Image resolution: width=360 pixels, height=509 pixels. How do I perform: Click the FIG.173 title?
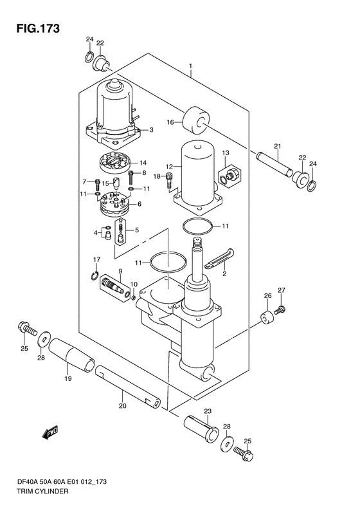click(x=38, y=28)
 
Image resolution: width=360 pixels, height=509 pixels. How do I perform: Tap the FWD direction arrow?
click(x=50, y=432)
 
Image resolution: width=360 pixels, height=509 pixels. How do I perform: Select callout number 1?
click(x=191, y=66)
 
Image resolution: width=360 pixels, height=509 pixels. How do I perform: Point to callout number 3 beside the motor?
click(x=151, y=130)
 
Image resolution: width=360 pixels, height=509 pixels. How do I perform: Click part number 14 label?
click(x=143, y=163)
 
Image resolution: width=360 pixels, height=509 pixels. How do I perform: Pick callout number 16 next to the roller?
click(x=170, y=122)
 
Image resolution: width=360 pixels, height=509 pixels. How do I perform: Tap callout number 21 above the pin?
click(x=277, y=147)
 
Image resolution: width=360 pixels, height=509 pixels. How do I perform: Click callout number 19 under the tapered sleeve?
click(x=67, y=378)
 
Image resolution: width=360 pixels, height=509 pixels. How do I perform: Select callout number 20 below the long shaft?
click(x=122, y=406)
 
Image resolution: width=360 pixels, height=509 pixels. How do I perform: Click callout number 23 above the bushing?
click(x=208, y=411)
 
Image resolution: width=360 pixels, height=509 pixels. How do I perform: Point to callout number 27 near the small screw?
click(x=281, y=290)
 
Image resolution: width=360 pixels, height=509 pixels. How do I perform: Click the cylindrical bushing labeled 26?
click(x=267, y=317)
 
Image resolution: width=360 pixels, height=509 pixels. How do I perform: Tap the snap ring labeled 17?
click(x=94, y=275)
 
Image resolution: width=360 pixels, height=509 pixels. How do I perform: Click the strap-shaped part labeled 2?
click(x=220, y=258)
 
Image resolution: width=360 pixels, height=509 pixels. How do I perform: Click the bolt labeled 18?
click(x=168, y=180)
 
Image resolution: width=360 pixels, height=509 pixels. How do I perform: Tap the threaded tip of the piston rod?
click(x=197, y=243)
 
